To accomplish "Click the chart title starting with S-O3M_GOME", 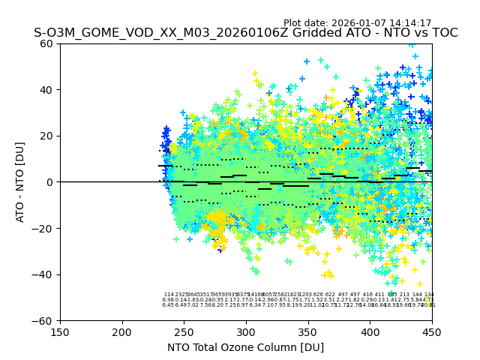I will coord(245,33).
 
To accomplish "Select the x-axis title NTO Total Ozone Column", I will coord(245,347).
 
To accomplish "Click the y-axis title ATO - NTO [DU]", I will coord(21,181).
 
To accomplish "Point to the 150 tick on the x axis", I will coord(60,331).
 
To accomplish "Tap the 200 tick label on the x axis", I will coord(122,331).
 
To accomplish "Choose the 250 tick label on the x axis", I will coord(184,331).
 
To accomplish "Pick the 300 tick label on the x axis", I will coord(246,331).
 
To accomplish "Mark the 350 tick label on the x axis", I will coord(307,331).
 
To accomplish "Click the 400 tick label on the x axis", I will coord(370,331).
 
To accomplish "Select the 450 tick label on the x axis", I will coord(431,331).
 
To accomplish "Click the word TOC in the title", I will coord(442,33).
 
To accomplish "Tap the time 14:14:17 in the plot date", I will coord(409,23).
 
